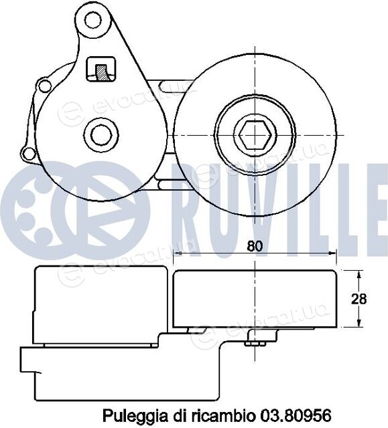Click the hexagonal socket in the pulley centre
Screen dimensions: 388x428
coord(255,135)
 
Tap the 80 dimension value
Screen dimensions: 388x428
coord(255,246)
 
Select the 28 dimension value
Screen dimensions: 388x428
coord(359,300)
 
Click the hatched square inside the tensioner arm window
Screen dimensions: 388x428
coord(101,73)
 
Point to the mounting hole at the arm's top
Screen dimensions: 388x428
coord(92,19)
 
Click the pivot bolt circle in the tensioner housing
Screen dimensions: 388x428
coord(101,135)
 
